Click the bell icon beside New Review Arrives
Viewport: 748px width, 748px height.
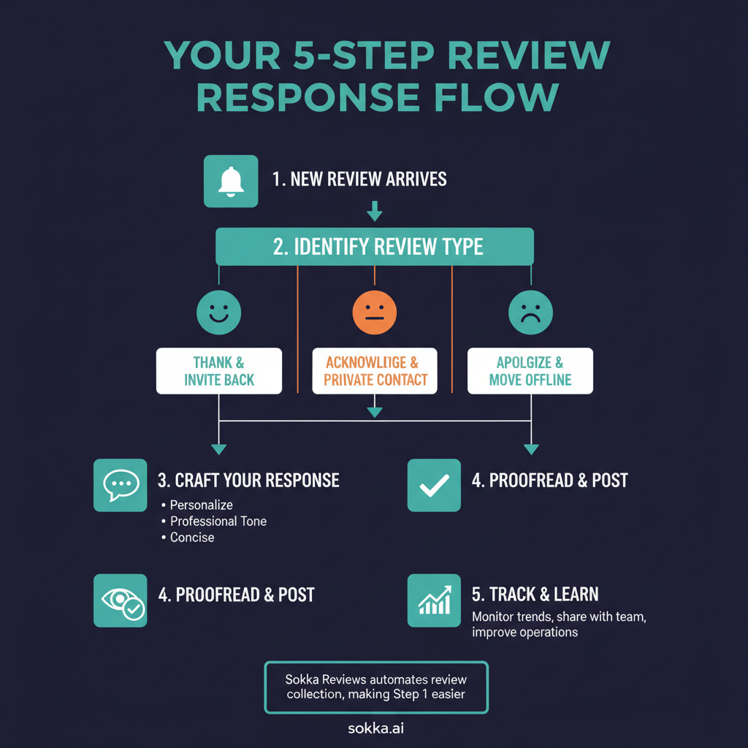click(x=230, y=181)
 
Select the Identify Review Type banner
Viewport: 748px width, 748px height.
click(x=375, y=246)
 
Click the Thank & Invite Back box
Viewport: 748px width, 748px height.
click(x=219, y=371)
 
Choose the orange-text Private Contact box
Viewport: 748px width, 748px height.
click(x=374, y=371)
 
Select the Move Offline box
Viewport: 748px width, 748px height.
click(x=530, y=371)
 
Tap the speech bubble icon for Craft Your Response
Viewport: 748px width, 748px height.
click(x=121, y=485)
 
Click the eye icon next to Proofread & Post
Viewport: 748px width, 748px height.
click(x=121, y=600)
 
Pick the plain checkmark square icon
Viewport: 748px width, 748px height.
click(x=434, y=485)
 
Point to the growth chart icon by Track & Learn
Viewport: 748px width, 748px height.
click(x=434, y=600)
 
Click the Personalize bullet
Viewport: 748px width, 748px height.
click(x=201, y=505)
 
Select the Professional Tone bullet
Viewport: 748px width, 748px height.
click(x=218, y=521)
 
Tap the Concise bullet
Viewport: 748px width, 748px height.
click(x=191, y=537)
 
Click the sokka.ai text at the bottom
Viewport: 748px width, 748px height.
click(x=375, y=728)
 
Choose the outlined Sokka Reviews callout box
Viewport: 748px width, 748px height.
click(x=375, y=687)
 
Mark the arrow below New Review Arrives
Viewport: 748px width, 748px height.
click(x=374, y=212)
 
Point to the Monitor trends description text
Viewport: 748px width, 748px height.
click(x=559, y=625)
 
